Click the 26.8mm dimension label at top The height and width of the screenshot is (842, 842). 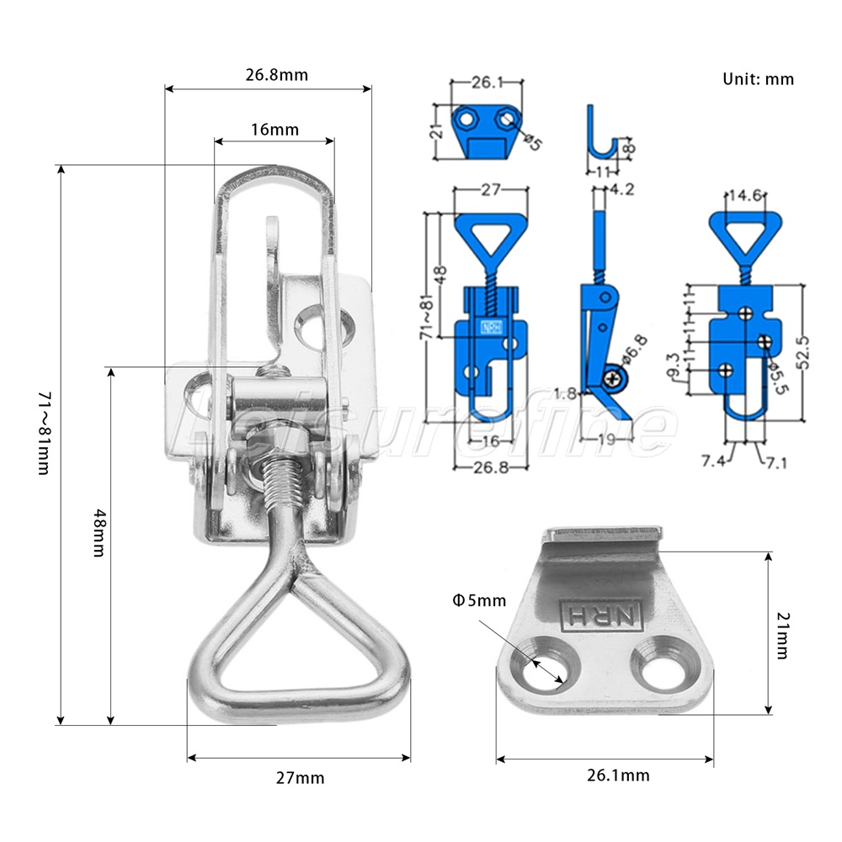(276, 75)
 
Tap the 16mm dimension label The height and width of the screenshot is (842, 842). (274, 130)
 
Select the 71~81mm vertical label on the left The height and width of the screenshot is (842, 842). (45, 433)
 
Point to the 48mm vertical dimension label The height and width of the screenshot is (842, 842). (99, 533)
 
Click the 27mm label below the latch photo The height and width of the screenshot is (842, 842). (301, 777)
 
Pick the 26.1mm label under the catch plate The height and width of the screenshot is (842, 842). (618, 775)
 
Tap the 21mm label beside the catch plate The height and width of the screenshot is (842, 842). (783, 635)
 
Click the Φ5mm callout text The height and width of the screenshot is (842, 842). (480, 600)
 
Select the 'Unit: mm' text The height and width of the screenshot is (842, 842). (758, 79)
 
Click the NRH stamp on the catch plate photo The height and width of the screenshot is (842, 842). (601, 615)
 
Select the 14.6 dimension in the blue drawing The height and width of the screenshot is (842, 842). (745, 195)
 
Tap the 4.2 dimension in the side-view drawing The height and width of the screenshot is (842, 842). (622, 189)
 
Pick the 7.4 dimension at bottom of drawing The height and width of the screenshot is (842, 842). (714, 461)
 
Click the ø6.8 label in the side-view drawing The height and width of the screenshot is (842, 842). (635, 351)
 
